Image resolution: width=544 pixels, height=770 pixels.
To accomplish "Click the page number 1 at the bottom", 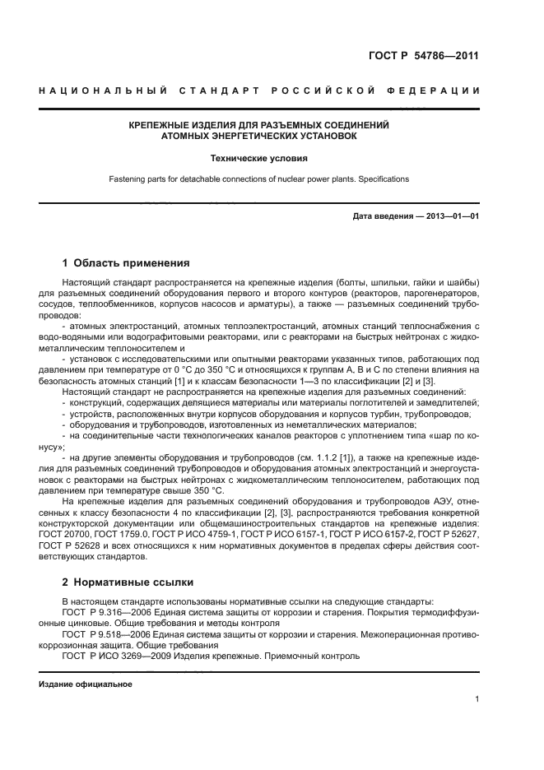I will point(477,699).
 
